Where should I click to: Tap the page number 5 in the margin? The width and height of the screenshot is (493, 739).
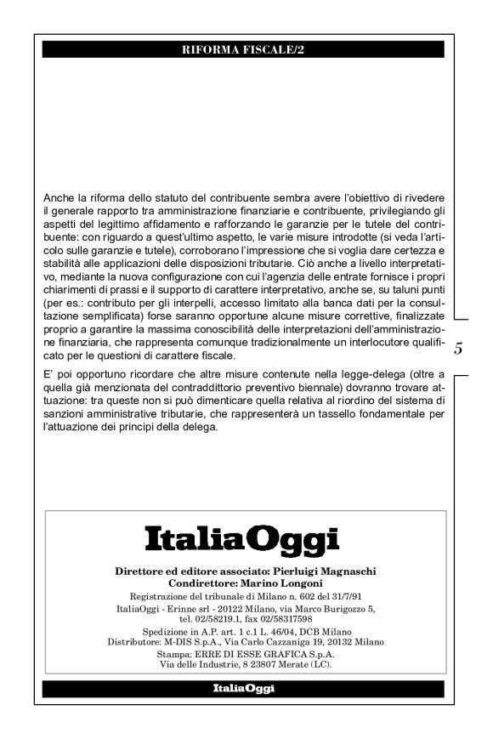[458, 348]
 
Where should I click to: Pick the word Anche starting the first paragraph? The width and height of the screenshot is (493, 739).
[58, 199]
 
